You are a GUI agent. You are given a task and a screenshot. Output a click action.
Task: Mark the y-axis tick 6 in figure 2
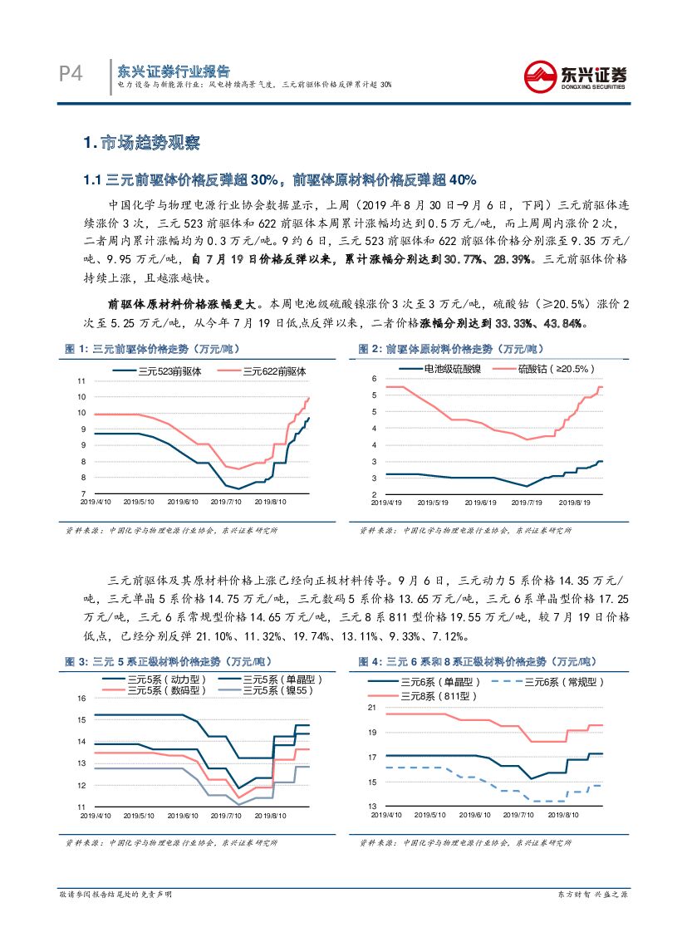click(x=375, y=379)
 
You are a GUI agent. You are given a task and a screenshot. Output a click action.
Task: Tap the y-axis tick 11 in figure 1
click(x=81, y=381)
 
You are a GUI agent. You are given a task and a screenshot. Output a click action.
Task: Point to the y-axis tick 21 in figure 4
click(x=372, y=707)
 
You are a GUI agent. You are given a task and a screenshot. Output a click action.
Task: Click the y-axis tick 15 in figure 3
click(x=81, y=698)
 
